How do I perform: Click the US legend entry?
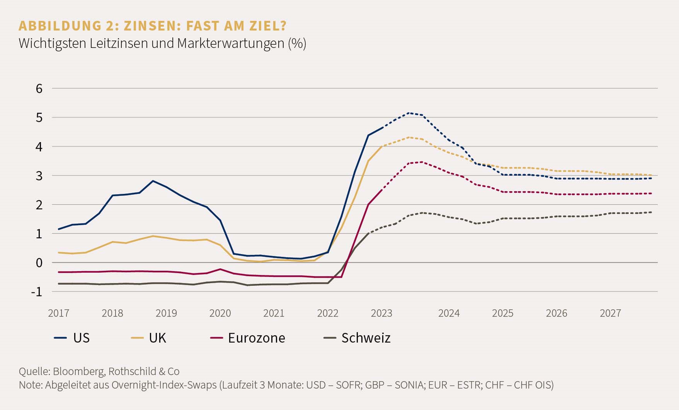pyautogui.click(x=72, y=338)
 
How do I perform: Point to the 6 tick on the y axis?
pyautogui.click(x=39, y=89)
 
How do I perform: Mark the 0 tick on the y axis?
pyautogui.click(x=39, y=263)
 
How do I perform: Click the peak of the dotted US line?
pyautogui.click(x=409, y=113)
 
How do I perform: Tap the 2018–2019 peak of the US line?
pyautogui.click(x=153, y=181)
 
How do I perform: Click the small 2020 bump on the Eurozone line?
pyautogui.click(x=220, y=269)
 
